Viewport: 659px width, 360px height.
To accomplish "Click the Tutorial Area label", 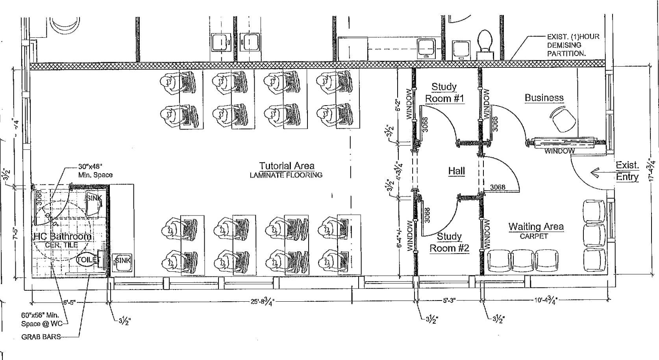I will pos(287,166).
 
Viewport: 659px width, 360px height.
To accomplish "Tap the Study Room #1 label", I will pos(444,93).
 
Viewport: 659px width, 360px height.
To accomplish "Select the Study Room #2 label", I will pos(449,242).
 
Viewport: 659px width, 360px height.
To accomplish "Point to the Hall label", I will pos(456,171).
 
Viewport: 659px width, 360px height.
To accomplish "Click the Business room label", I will pos(544,98).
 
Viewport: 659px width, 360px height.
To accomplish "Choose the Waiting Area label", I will pos(536,226).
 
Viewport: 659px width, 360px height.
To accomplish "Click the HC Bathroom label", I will pos(63,236).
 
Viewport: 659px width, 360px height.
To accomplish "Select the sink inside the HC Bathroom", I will pos(94,203).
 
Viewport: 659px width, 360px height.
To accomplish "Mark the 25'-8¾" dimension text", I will pos(263,302).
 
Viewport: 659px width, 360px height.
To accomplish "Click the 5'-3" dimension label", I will pos(449,301).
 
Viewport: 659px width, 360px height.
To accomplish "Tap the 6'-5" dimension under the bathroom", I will pos(69,303).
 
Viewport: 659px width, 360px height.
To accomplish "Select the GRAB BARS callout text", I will pos(41,337).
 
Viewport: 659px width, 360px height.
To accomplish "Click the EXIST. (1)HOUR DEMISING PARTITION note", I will pos(573,45).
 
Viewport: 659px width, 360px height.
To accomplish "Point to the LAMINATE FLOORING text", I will pos(286,175).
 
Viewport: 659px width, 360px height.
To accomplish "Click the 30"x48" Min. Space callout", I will pos(95,171).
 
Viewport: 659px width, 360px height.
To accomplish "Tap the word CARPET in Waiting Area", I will pos(534,236).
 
